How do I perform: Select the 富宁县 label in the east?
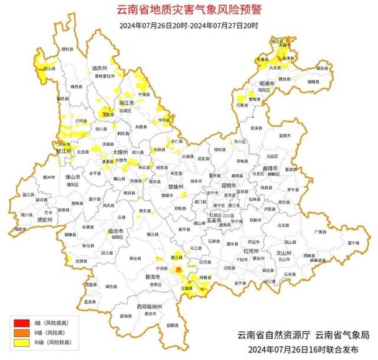point(352,242)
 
